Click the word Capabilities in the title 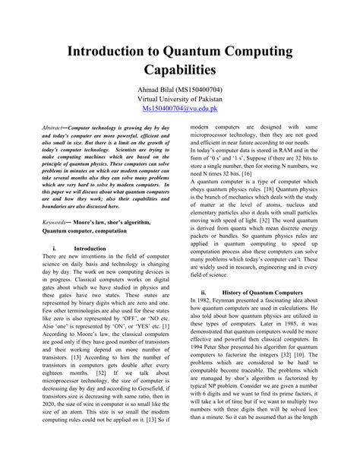pos(179,71)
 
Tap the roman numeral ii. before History pos(204,292)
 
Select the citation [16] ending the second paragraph pos(267,173)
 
